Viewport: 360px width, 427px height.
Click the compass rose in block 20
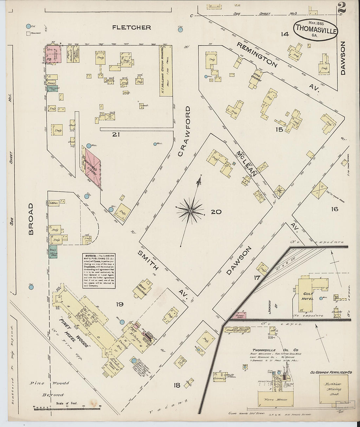tap(190, 212)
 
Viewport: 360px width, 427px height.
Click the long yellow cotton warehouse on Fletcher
tap(166, 71)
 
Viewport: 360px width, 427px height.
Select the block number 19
tap(119, 305)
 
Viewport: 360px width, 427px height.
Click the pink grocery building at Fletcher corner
tap(53, 54)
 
